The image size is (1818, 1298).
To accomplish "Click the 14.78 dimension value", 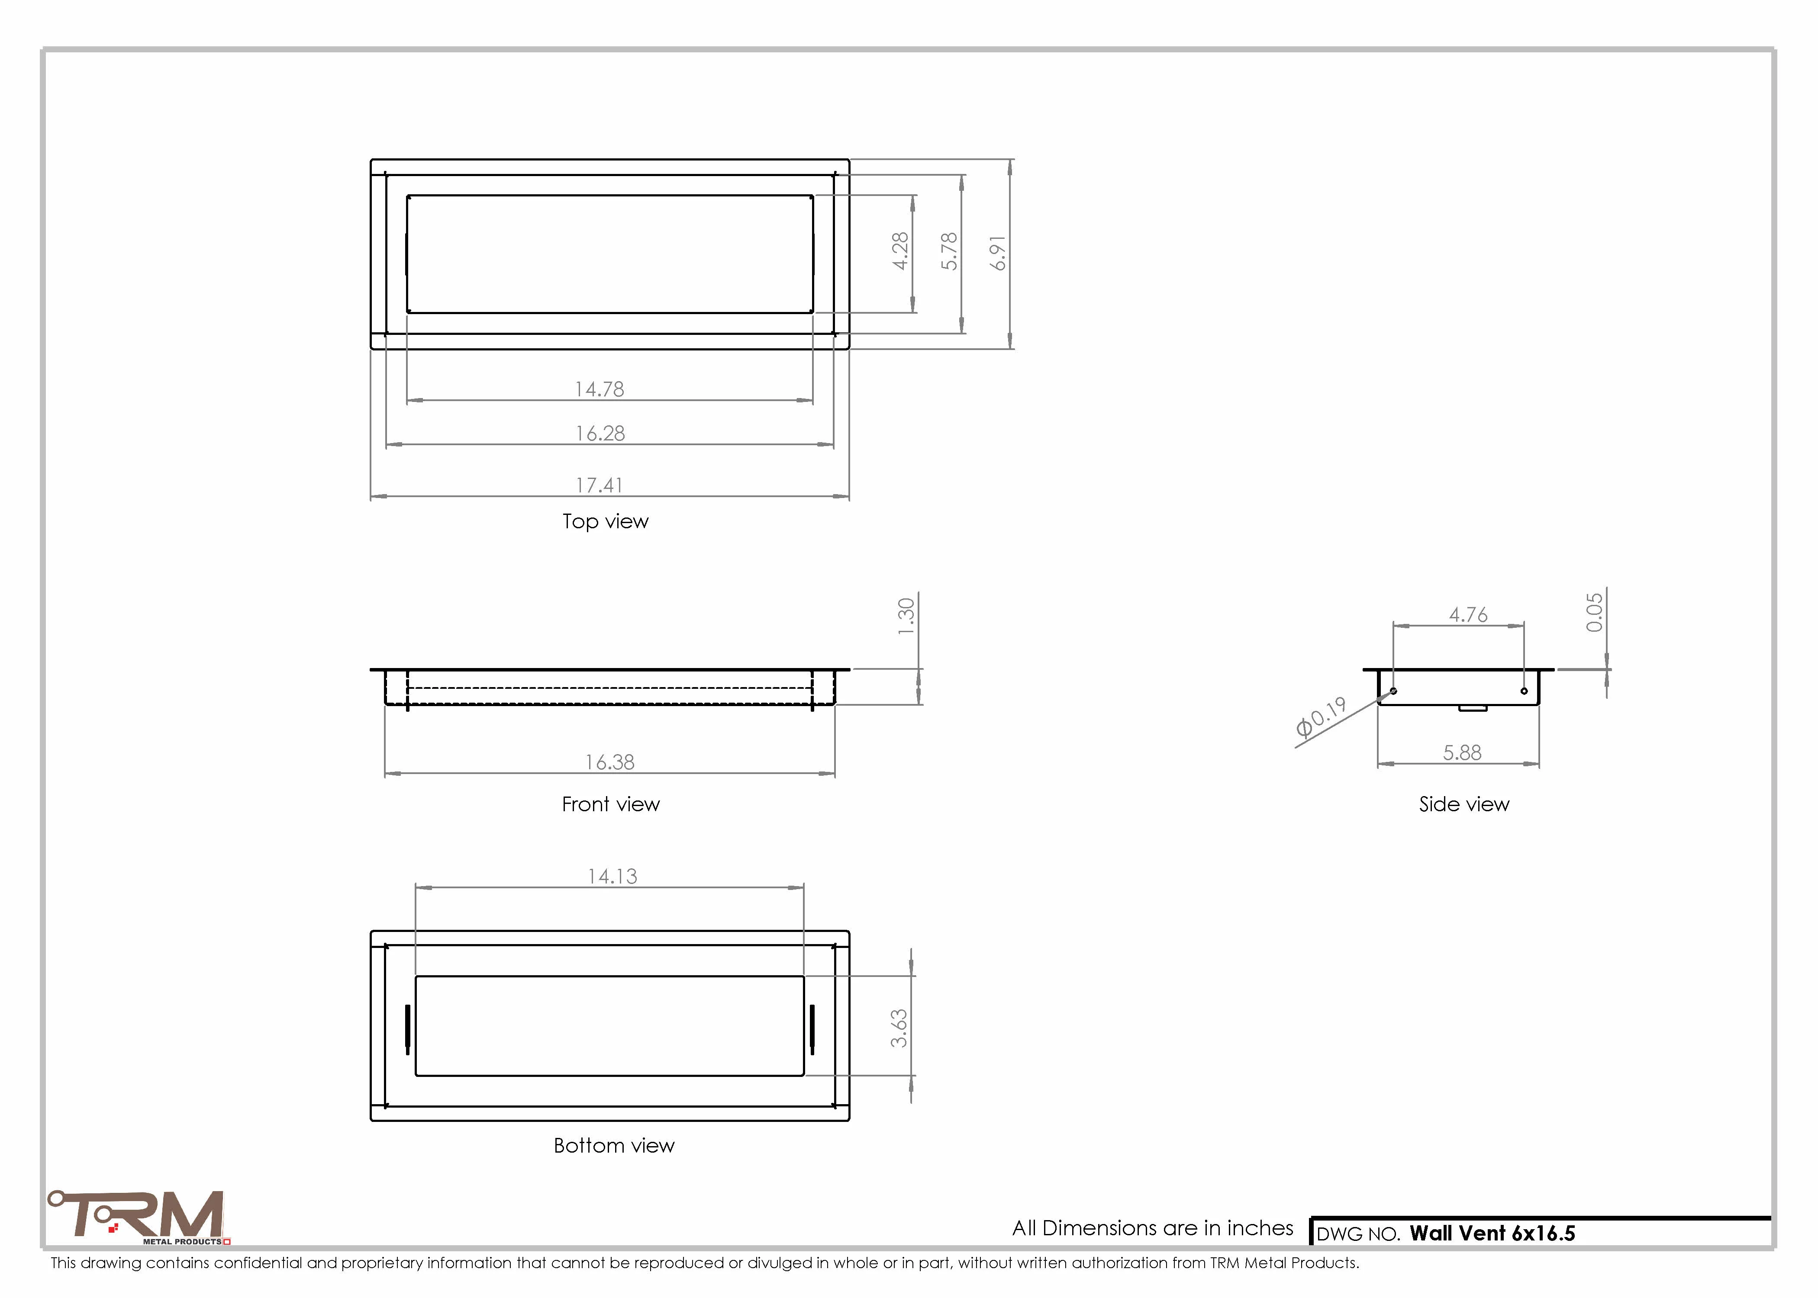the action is pos(600,389).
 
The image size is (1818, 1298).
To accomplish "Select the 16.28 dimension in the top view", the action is pos(600,433).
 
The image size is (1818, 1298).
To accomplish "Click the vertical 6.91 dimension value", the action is pos(998,254).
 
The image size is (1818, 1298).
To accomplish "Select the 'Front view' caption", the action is pos(611,804).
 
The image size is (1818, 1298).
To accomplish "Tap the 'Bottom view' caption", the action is pos(614,1145).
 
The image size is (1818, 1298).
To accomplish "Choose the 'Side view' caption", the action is pos(1464,804).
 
